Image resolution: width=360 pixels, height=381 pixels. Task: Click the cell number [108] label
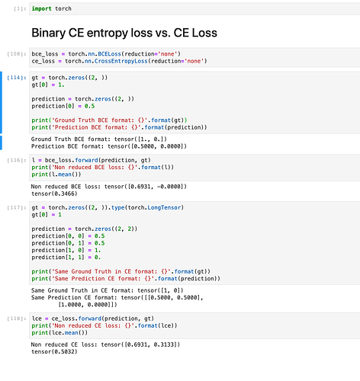(17, 54)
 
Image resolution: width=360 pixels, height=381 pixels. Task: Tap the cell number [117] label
(17, 208)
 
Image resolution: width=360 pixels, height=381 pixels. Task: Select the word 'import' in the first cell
(41, 8)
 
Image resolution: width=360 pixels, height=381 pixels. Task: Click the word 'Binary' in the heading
(49, 33)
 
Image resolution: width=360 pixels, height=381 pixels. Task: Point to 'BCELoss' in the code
(109, 54)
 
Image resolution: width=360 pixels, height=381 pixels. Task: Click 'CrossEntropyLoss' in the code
(121, 61)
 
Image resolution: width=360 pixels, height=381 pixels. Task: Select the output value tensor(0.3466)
(54, 194)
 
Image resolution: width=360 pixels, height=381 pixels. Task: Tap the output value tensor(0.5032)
(54, 352)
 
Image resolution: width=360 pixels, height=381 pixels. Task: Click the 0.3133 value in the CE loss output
(164, 344)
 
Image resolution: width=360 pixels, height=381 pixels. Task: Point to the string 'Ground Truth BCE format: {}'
(98, 120)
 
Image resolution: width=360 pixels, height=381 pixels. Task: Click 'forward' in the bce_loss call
(86, 160)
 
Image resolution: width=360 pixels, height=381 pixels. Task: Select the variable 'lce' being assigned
(37, 319)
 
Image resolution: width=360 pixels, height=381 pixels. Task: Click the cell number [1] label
(20, 9)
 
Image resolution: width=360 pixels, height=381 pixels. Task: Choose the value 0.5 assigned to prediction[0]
(89, 106)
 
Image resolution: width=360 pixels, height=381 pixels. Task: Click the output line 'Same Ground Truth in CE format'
(108, 290)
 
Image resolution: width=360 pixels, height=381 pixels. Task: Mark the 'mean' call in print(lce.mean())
(72, 333)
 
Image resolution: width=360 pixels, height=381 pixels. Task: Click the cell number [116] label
(17, 160)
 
